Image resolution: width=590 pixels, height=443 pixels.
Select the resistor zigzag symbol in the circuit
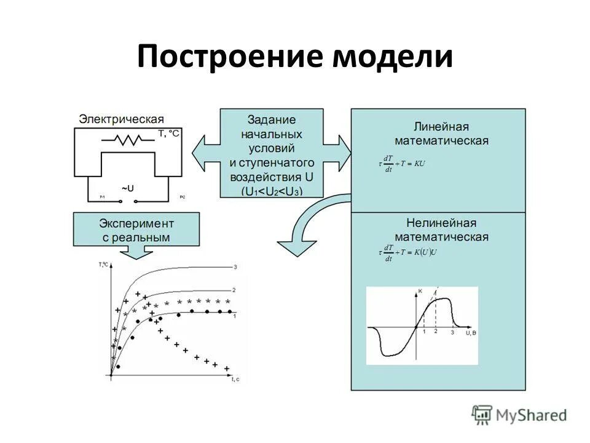click(128, 140)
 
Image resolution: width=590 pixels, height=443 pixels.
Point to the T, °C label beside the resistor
click(168, 133)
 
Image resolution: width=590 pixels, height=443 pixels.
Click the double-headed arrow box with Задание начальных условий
click(272, 153)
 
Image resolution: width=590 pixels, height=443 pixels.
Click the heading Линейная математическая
click(441, 134)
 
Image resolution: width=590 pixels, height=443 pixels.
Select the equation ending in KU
click(402, 163)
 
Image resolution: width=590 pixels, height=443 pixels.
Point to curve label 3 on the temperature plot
click(235, 267)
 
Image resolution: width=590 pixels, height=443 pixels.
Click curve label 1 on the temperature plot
click(235, 315)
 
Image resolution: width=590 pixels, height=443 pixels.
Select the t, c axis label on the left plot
click(235, 380)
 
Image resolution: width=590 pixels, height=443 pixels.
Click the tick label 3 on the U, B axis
click(452, 332)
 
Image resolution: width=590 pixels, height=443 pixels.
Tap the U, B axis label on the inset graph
click(470, 332)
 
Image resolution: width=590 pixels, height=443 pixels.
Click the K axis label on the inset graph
click(420, 290)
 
